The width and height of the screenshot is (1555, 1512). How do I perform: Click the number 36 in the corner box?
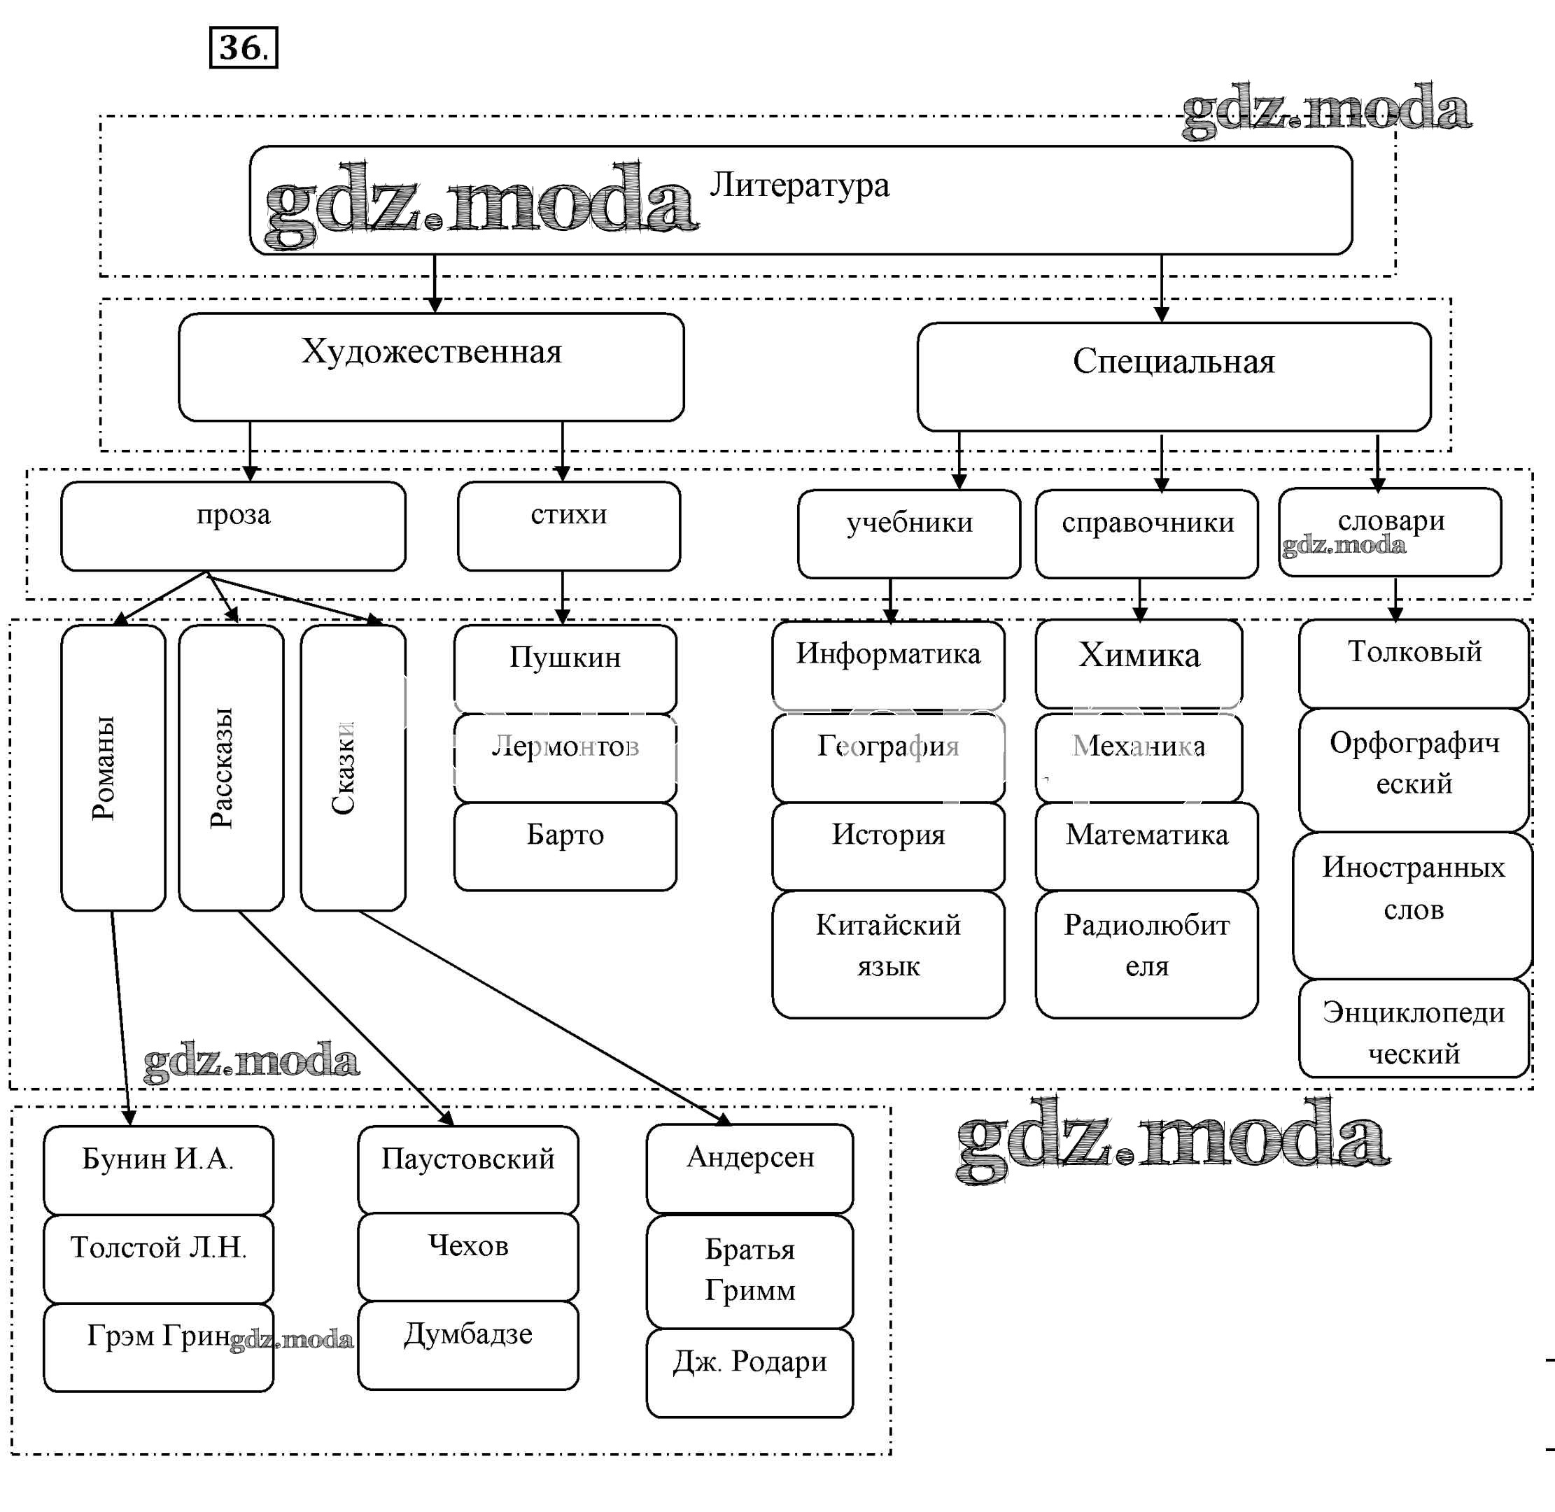click(242, 48)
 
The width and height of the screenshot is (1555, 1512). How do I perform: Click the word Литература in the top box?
click(799, 185)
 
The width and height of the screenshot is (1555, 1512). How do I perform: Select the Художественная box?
click(431, 367)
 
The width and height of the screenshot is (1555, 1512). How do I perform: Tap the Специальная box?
click(1173, 376)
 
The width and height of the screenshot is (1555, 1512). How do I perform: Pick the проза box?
click(233, 525)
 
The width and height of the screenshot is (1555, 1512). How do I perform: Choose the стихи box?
click(569, 525)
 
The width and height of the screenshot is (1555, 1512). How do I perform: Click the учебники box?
click(908, 534)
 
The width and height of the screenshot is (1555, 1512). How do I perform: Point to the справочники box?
click(1147, 534)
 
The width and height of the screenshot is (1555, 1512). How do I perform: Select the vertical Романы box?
click(113, 767)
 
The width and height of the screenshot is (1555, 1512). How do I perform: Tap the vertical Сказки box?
click(353, 767)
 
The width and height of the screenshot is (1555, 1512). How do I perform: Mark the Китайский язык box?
click(888, 954)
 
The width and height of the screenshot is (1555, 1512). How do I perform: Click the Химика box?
click(1138, 664)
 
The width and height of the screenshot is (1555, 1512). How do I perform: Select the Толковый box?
click(1414, 664)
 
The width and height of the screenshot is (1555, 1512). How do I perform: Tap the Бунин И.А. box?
click(158, 1170)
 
